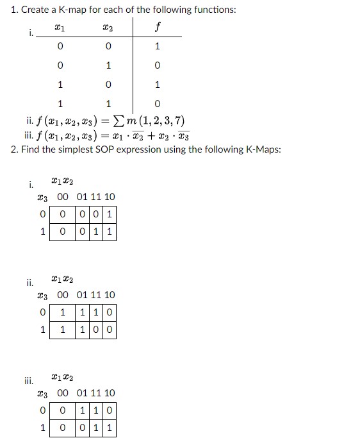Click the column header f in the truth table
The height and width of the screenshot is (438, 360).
tap(157, 28)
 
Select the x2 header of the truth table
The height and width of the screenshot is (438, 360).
tap(108, 28)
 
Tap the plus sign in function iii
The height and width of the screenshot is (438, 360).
tap(147, 135)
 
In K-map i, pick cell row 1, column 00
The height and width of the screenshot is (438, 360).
tap(62, 230)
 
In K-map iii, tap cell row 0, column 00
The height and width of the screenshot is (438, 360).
tap(62, 410)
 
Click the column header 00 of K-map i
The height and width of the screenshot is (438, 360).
tap(64, 197)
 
